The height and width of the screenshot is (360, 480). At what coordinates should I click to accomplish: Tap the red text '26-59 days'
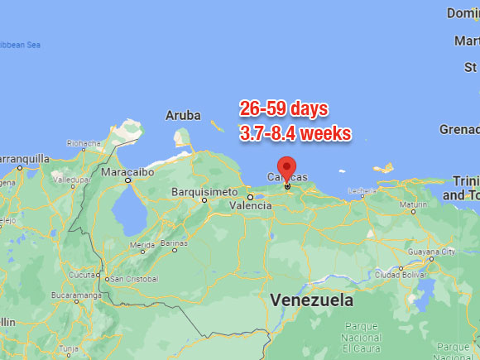click(x=284, y=108)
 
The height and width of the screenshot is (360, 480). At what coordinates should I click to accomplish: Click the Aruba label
click(x=183, y=115)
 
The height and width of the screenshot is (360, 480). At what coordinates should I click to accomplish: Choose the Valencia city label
click(x=250, y=205)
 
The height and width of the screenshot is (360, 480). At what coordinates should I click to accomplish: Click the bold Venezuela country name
click(x=311, y=300)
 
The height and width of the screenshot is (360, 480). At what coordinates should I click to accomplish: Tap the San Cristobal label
click(x=130, y=278)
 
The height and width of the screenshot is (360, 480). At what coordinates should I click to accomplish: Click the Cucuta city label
click(x=84, y=275)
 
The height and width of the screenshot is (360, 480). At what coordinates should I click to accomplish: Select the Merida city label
click(x=142, y=245)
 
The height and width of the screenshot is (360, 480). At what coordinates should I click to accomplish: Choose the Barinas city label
click(x=174, y=243)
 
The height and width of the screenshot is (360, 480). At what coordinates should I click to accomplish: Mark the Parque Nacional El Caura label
click(x=362, y=338)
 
